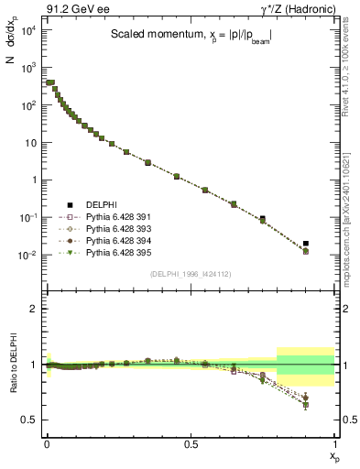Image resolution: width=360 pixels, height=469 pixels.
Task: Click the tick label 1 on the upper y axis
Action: pyautogui.click(x=33, y=180)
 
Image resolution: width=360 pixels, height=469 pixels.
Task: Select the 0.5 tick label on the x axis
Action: pyautogui.click(x=191, y=442)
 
